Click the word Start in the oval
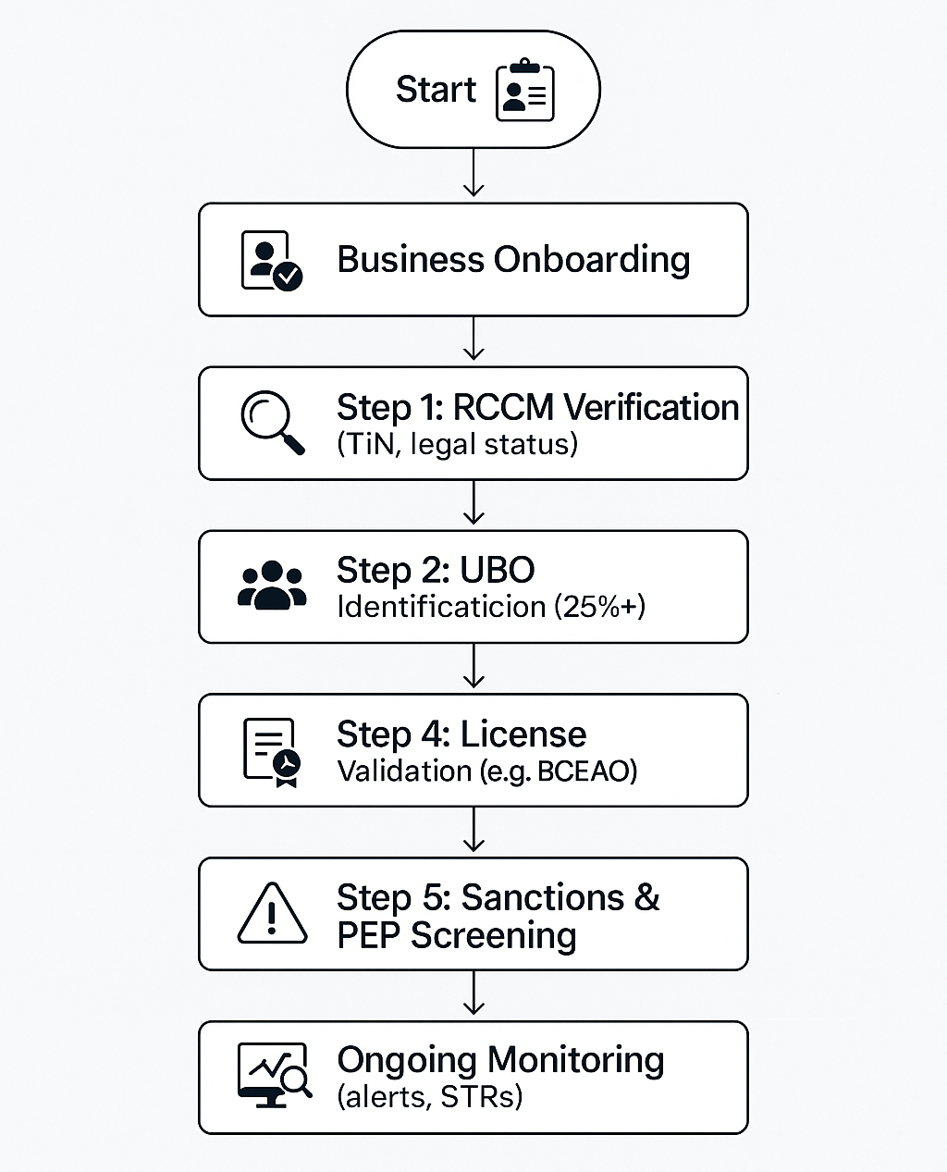click(436, 89)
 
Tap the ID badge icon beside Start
click(525, 90)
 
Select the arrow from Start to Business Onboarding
click(473, 172)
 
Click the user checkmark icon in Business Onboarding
click(272, 260)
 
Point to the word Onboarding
click(592, 260)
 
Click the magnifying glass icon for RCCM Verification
click(273, 423)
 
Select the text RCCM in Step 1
click(503, 408)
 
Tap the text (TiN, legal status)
click(458, 444)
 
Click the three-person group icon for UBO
click(272, 586)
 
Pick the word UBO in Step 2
click(498, 570)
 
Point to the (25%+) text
click(599, 607)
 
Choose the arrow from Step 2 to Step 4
click(473, 665)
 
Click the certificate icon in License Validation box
click(272, 752)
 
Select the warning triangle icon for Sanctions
click(272, 914)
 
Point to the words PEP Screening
click(457, 935)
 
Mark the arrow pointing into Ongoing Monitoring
click(473, 993)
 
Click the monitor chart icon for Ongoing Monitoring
click(275, 1076)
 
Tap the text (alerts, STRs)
click(429, 1097)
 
